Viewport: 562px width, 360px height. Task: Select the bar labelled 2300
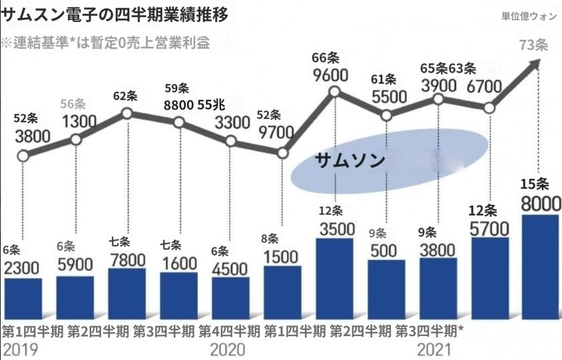tap(23, 299)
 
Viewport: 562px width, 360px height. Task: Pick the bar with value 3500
tap(334, 279)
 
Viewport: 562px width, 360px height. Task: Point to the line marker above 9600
tap(335, 92)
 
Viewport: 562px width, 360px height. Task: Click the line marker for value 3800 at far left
tap(23, 156)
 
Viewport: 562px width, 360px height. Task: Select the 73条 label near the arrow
tap(533, 45)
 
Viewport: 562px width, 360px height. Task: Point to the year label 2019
tap(21, 349)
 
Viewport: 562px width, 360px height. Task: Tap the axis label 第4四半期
tap(229, 331)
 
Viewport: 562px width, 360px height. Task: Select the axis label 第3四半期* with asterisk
tap(429, 331)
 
